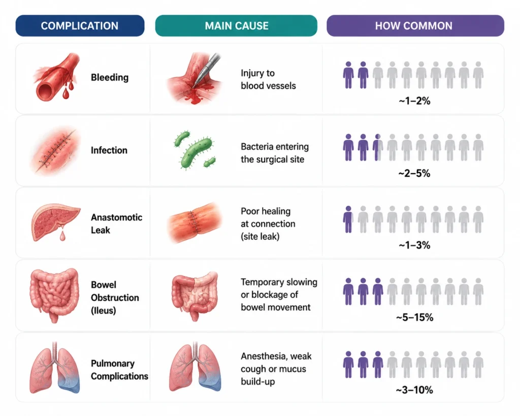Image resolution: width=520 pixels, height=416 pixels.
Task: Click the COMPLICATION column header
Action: [80, 25]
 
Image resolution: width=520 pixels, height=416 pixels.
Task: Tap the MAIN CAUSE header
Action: [236, 25]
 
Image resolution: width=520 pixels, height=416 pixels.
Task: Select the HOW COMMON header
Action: [415, 25]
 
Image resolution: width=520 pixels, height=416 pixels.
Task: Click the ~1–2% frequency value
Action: [414, 101]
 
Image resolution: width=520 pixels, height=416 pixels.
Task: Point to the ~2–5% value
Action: [414, 173]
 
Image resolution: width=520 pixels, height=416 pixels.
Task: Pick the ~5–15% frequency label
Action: [414, 317]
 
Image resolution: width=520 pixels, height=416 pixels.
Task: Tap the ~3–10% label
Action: [414, 390]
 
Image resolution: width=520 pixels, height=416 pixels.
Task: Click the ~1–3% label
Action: [414, 245]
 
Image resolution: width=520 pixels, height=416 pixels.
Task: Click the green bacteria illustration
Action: [195, 150]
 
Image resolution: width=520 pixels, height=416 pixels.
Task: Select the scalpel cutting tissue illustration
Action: [194, 78]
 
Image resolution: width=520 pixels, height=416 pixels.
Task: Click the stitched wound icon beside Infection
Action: [55, 150]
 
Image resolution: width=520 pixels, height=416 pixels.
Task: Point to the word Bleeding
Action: [110, 77]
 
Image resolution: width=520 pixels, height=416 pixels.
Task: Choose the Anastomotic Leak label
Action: [116, 223]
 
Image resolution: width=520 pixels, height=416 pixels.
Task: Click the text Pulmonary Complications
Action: [119, 370]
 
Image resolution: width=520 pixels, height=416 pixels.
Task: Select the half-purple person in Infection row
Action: [377, 148]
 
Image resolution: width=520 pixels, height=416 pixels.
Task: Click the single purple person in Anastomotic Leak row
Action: [348, 219]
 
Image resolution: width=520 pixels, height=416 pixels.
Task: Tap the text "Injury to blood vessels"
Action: [268, 79]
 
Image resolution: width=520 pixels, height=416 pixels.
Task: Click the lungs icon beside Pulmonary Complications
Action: [55, 368]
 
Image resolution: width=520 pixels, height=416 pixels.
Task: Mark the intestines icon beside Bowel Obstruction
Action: [55, 295]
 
